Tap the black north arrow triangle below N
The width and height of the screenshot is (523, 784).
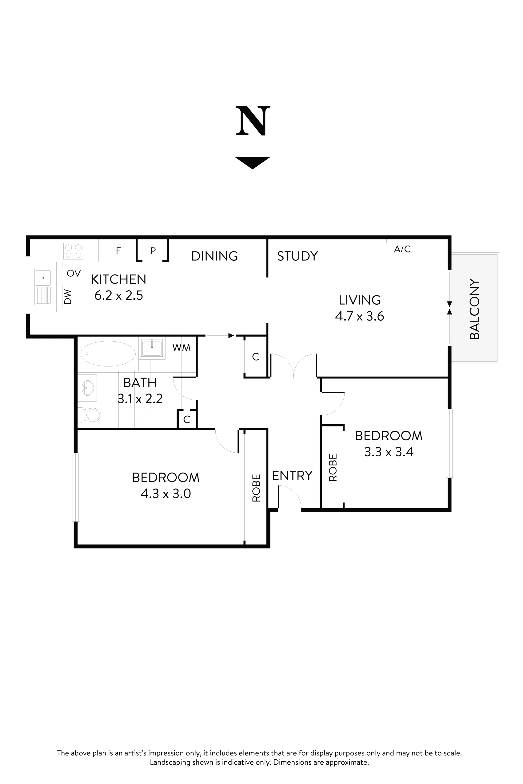point(252,162)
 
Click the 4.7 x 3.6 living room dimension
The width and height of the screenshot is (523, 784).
point(359,316)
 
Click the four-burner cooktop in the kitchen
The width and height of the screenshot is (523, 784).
point(74,251)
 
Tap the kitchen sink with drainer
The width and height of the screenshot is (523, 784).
point(43,287)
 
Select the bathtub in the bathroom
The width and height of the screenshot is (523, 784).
point(108,353)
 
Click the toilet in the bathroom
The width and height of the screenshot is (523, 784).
point(91,415)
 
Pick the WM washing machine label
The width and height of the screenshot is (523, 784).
point(181,348)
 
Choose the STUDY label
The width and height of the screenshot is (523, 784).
point(297,256)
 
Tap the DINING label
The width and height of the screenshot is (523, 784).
point(214,256)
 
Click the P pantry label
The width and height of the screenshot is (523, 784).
point(153,251)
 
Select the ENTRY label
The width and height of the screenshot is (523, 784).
point(292,475)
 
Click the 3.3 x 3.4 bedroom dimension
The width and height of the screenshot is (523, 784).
point(389,452)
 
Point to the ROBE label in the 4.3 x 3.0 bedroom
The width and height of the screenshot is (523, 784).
point(256,488)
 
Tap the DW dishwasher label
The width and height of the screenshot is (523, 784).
point(68,296)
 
